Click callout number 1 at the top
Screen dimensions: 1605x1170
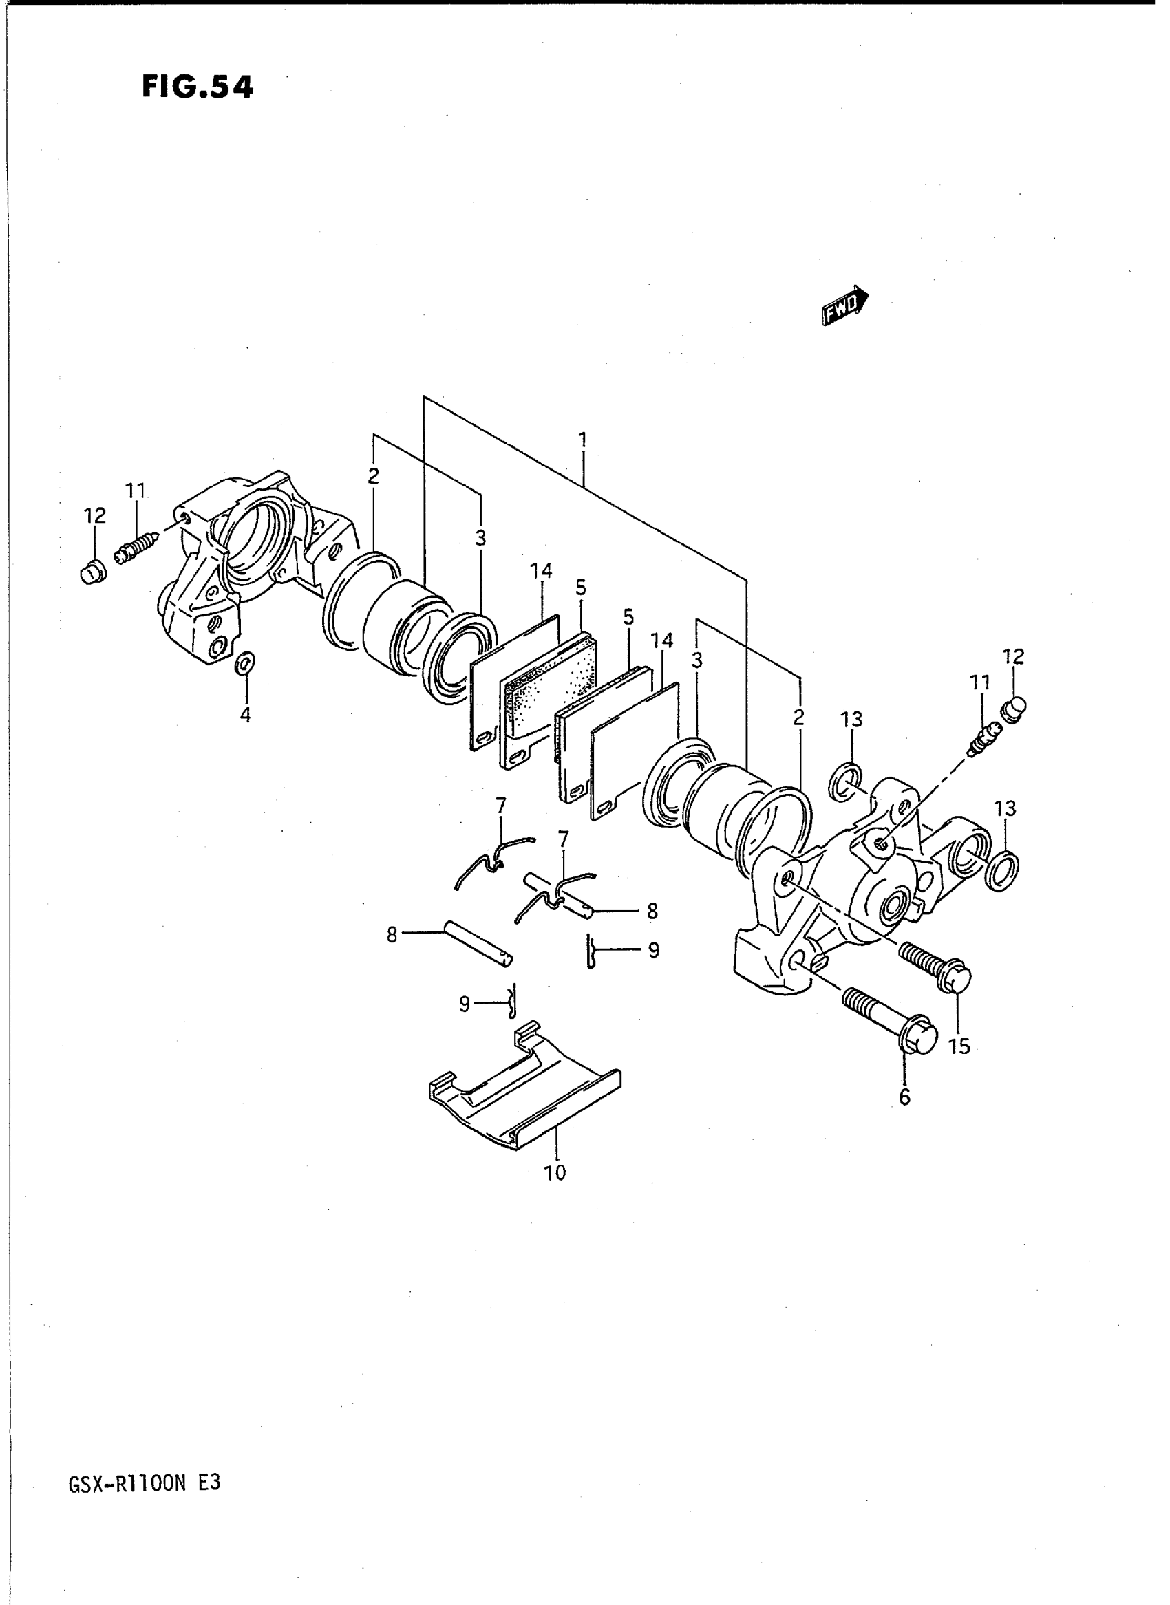pos(582,440)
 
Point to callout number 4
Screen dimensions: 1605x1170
pos(245,715)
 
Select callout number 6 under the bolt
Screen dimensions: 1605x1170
pos(904,1097)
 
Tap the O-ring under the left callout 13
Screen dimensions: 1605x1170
pos(845,782)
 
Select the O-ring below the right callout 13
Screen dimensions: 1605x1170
pos(1003,871)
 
